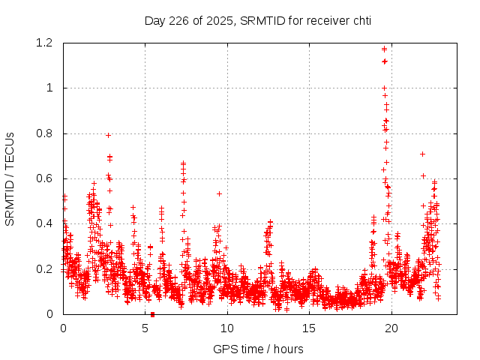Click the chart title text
pos(258,20)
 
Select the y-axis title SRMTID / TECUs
pos(10,178)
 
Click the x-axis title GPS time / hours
pos(258,349)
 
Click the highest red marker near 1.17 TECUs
pos(384,49)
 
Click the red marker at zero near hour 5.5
pos(152,314)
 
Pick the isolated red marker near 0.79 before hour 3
pos(109,135)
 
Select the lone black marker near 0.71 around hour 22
pos(422,154)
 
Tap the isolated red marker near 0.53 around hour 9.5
pos(219,193)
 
